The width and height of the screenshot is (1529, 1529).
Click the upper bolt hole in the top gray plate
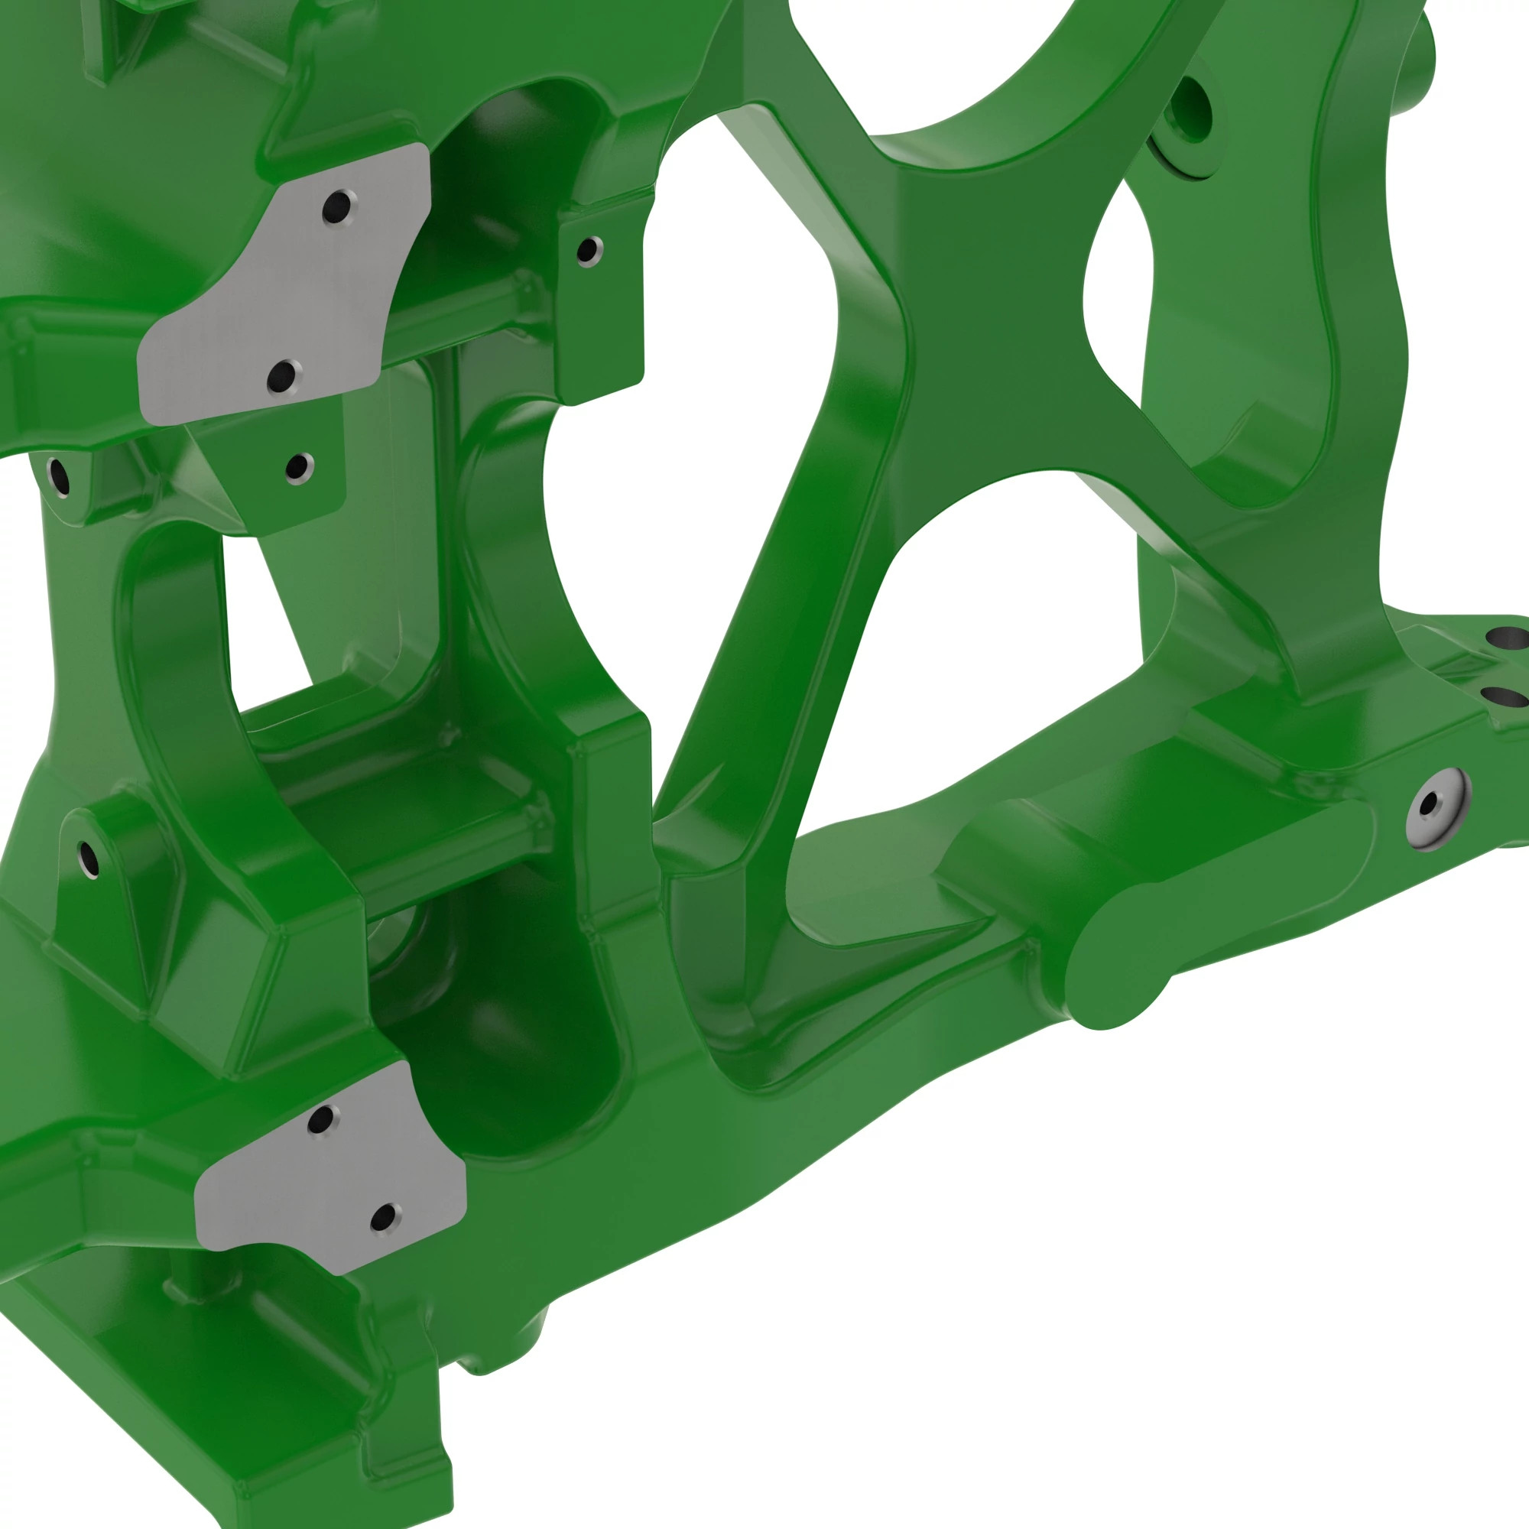(337, 207)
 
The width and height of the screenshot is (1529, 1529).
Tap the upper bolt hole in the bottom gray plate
(320, 1119)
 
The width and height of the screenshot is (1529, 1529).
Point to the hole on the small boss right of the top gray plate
(587, 251)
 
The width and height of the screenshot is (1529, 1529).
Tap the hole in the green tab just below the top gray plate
(297, 467)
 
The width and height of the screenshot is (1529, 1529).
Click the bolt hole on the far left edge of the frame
(58, 476)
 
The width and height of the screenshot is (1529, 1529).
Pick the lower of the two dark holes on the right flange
(1503, 696)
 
